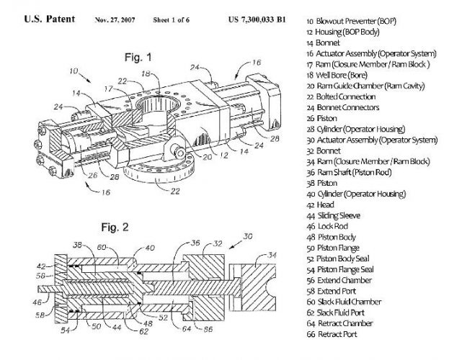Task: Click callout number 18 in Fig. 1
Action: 146,73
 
